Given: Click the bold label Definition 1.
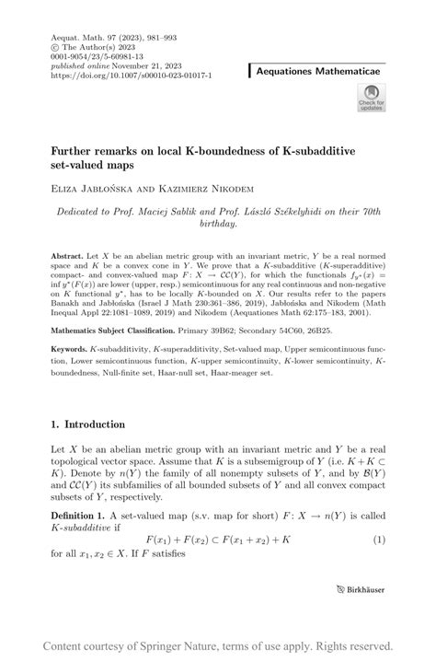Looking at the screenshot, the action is point(83,517).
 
